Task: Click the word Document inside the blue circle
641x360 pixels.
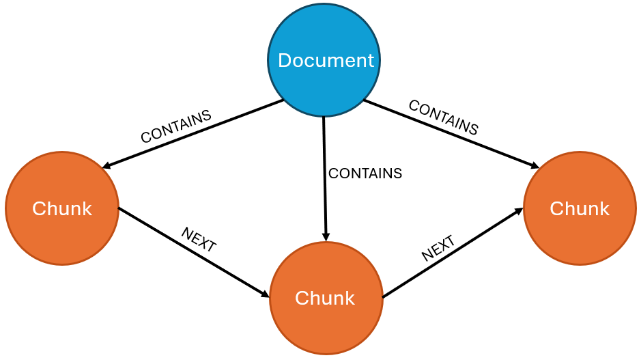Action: click(x=326, y=61)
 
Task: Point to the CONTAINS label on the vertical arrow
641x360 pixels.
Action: click(x=365, y=174)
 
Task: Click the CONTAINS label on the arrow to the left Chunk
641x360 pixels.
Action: click(x=176, y=126)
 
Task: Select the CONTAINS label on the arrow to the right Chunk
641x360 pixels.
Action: click(x=443, y=117)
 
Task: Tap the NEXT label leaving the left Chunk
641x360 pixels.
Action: click(x=199, y=240)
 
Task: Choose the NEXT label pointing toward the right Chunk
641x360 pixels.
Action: click(x=438, y=249)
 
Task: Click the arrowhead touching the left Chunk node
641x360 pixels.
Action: click(x=106, y=166)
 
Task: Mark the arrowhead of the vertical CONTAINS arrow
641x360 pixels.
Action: click(x=326, y=236)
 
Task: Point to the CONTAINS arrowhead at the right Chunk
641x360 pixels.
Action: click(x=535, y=165)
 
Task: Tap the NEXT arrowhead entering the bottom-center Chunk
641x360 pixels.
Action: click(x=265, y=294)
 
